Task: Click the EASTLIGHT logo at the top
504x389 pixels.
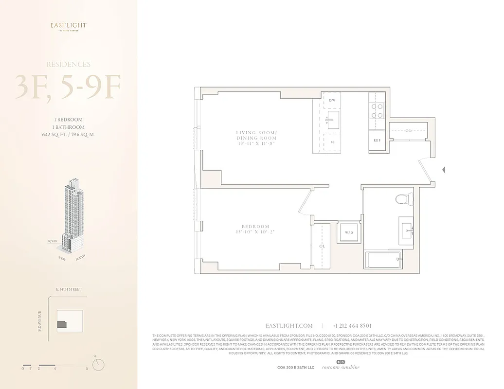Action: pos(69,26)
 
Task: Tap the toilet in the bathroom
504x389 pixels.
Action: pos(402,198)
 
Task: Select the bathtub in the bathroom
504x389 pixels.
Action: pos(383,261)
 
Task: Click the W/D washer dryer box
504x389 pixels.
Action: pos(349,232)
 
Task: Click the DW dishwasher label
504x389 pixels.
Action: pos(332,101)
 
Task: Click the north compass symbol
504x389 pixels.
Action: pos(99,364)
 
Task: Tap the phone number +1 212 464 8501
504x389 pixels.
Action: pos(352,326)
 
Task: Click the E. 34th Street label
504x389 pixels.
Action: pos(69,289)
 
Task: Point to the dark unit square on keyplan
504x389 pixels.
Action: pos(62,324)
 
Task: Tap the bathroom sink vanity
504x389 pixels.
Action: pos(406,229)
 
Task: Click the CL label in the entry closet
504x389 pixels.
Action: pos(408,131)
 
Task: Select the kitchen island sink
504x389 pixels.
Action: pos(333,120)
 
